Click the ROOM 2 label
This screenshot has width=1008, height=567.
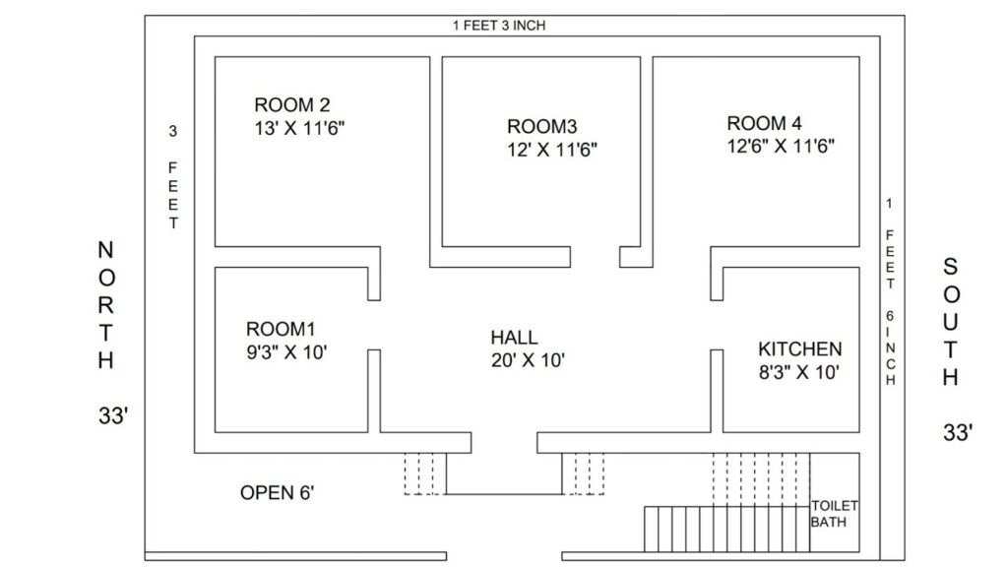tap(291, 104)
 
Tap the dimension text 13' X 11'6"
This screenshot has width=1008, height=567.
tap(299, 128)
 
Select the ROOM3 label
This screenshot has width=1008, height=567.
tap(542, 126)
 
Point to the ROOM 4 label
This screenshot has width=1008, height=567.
tap(764, 123)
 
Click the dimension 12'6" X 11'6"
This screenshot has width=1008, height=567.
tap(781, 146)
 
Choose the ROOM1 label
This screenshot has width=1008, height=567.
tap(281, 329)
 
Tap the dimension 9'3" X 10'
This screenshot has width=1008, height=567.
tap(286, 352)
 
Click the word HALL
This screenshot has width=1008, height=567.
tap(514, 338)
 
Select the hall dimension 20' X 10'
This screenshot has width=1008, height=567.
tap(528, 360)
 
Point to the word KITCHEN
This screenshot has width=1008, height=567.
tap(799, 349)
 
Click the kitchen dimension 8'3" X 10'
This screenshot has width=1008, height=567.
tap(799, 372)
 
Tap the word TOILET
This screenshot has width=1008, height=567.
tap(835, 506)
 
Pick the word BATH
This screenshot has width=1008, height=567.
tap(828, 522)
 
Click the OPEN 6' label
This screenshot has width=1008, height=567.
tap(277, 493)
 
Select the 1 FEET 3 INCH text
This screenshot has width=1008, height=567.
tap(499, 25)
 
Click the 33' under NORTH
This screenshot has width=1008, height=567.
tap(113, 416)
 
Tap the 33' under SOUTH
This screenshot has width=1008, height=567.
tap(958, 433)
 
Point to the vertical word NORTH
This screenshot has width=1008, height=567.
tap(106, 305)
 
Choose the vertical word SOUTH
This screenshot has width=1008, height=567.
tap(951, 322)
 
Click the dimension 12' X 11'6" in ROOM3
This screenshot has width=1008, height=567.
tap(552, 150)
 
